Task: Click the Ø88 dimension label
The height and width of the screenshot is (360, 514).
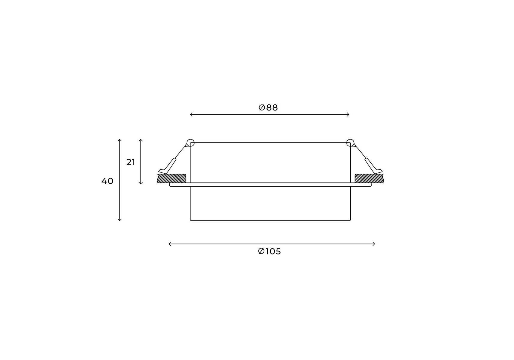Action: (x=268, y=107)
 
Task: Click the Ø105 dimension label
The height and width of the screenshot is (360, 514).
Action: (x=269, y=251)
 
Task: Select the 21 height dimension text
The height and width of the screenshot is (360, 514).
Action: (x=131, y=162)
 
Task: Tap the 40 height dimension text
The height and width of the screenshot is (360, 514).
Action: (x=107, y=181)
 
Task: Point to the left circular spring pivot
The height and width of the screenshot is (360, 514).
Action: (x=190, y=143)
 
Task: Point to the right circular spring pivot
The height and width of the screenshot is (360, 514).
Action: (x=350, y=143)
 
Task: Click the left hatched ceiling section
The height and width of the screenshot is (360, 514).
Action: (x=172, y=178)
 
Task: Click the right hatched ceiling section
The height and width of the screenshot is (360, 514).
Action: (x=369, y=178)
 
